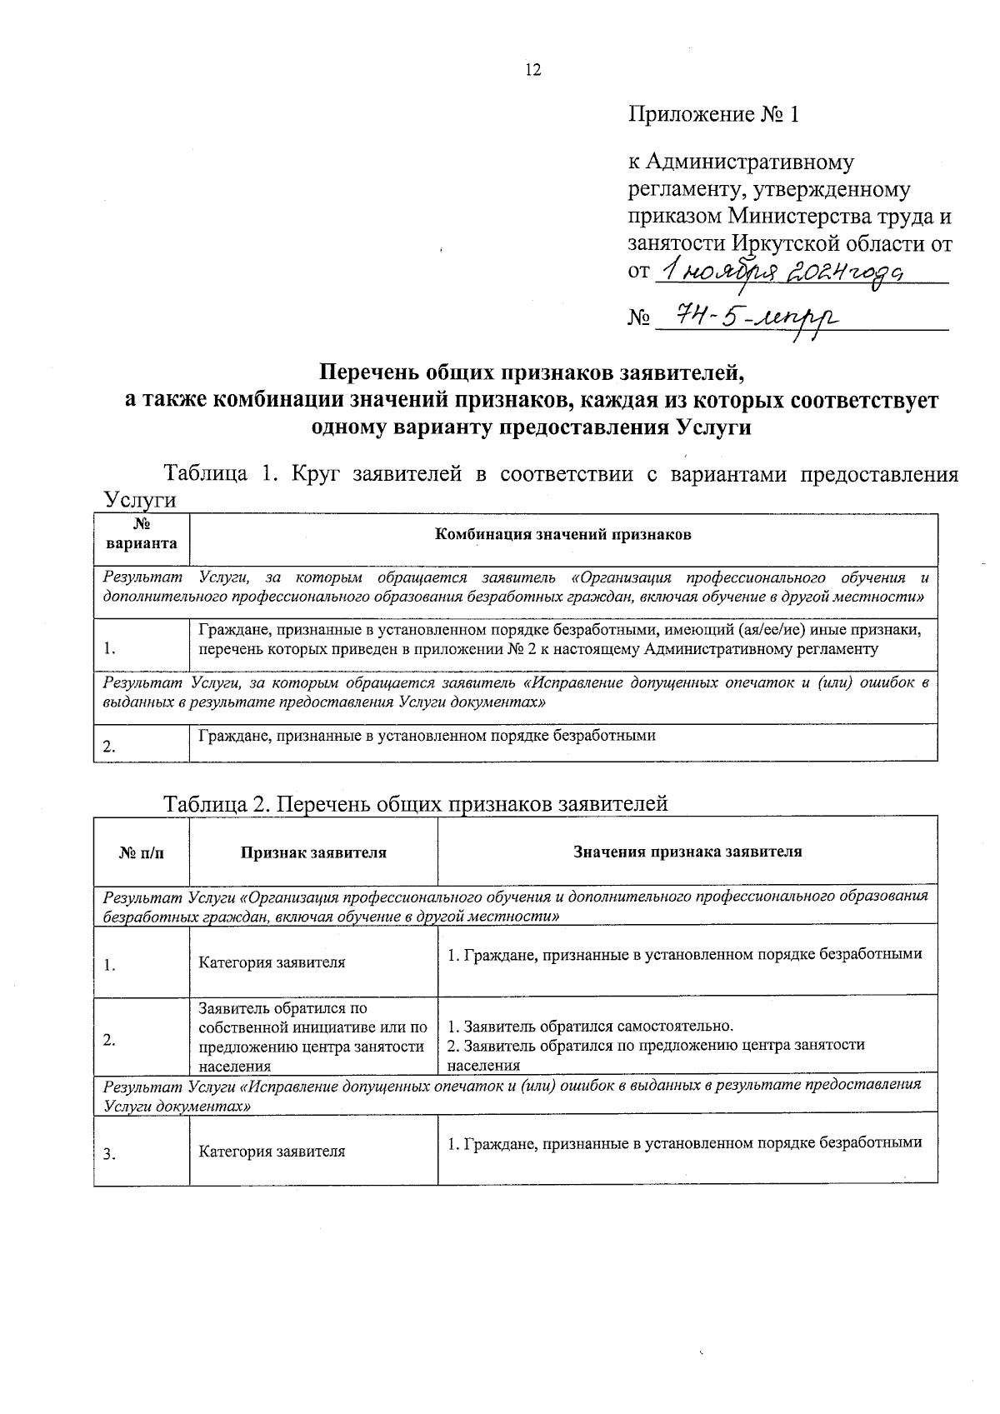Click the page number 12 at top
tap(532, 71)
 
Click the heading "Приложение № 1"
tap(713, 114)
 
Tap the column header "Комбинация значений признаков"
tap(563, 535)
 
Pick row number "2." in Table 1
tap(109, 747)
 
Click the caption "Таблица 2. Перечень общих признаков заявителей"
tap(416, 803)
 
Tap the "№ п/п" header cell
tap(142, 852)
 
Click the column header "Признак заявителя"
tap(313, 852)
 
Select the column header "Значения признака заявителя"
tap(687, 852)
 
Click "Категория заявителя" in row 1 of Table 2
tap(272, 962)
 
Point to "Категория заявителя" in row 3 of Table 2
tap(272, 1152)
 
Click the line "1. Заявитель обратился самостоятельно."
tap(590, 1026)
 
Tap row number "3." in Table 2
tap(109, 1155)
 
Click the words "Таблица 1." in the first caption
tap(219, 475)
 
